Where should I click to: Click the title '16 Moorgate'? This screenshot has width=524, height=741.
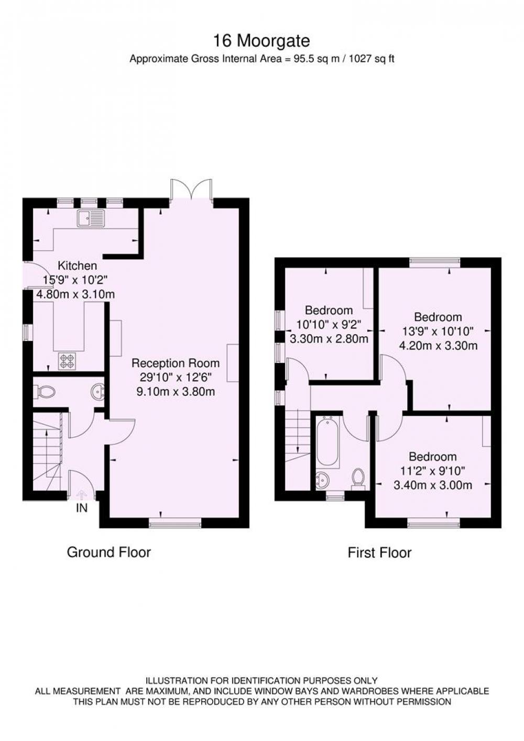(x=261, y=41)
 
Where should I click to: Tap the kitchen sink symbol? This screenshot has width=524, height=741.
(x=91, y=218)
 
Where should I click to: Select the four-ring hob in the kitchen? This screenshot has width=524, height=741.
(x=68, y=361)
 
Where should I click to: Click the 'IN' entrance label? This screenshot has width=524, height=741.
(x=82, y=508)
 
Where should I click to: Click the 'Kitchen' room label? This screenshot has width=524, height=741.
(x=78, y=266)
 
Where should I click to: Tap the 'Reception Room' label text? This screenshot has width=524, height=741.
(x=176, y=363)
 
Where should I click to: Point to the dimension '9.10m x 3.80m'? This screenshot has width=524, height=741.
(x=176, y=392)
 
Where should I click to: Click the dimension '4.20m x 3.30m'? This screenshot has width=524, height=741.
(x=438, y=346)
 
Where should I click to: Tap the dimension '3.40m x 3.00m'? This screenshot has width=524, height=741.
(x=433, y=485)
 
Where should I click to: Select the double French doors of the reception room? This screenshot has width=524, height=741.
(x=191, y=190)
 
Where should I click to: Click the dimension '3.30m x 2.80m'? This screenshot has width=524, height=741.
(x=329, y=339)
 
